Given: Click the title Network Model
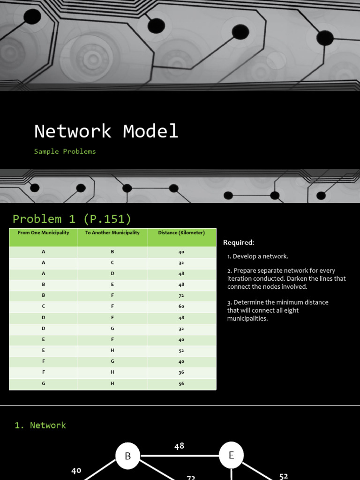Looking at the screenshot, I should tap(106, 131).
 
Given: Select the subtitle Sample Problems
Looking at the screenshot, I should tap(65, 151).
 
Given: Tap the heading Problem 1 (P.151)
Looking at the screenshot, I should tap(72, 219).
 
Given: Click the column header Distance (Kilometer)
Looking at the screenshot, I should tap(181, 232).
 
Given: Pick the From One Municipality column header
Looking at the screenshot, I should tap(43, 232).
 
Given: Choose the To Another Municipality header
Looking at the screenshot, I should tap(112, 232).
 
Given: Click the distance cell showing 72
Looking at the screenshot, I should tap(181, 295).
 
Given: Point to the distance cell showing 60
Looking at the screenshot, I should tap(181, 306).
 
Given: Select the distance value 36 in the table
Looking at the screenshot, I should tap(181, 373).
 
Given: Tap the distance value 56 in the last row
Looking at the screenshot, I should tap(181, 384).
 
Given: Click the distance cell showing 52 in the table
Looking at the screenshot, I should tap(181, 351).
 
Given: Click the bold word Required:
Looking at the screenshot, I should tap(239, 242).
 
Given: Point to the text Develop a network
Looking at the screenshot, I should tap(261, 256).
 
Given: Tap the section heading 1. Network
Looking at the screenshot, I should tap(40, 425).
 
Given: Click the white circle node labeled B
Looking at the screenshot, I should tap(128, 456).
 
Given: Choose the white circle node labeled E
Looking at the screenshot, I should tap(231, 455).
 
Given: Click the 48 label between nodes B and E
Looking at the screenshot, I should tap(179, 446).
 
